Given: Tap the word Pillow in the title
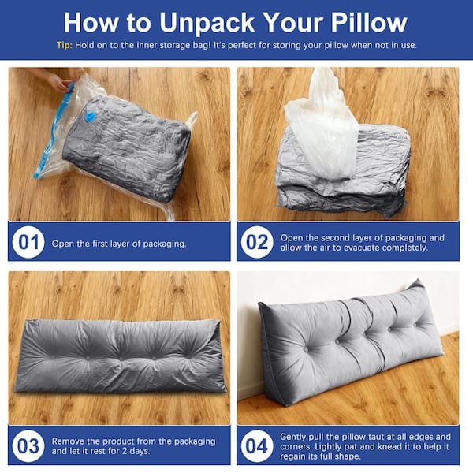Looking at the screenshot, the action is pyautogui.click(x=369, y=23).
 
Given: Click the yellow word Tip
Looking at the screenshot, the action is pyautogui.click(x=64, y=46).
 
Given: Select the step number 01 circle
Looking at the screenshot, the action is pyautogui.click(x=28, y=242).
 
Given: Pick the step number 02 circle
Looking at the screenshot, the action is pyautogui.click(x=257, y=242).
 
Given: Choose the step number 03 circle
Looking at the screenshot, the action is pyautogui.click(x=28, y=446).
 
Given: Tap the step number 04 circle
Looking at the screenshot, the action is pyautogui.click(x=257, y=446).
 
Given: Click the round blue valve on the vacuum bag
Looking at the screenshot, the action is pyautogui.click(x=90, y=117).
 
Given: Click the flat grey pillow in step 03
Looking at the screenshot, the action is pyautogui.click(x=120, y=356).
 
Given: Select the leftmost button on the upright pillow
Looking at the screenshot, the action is pyautogui.click(x=306, y=349).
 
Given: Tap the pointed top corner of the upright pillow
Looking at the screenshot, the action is pyautogui.click(x=418, y=280).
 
